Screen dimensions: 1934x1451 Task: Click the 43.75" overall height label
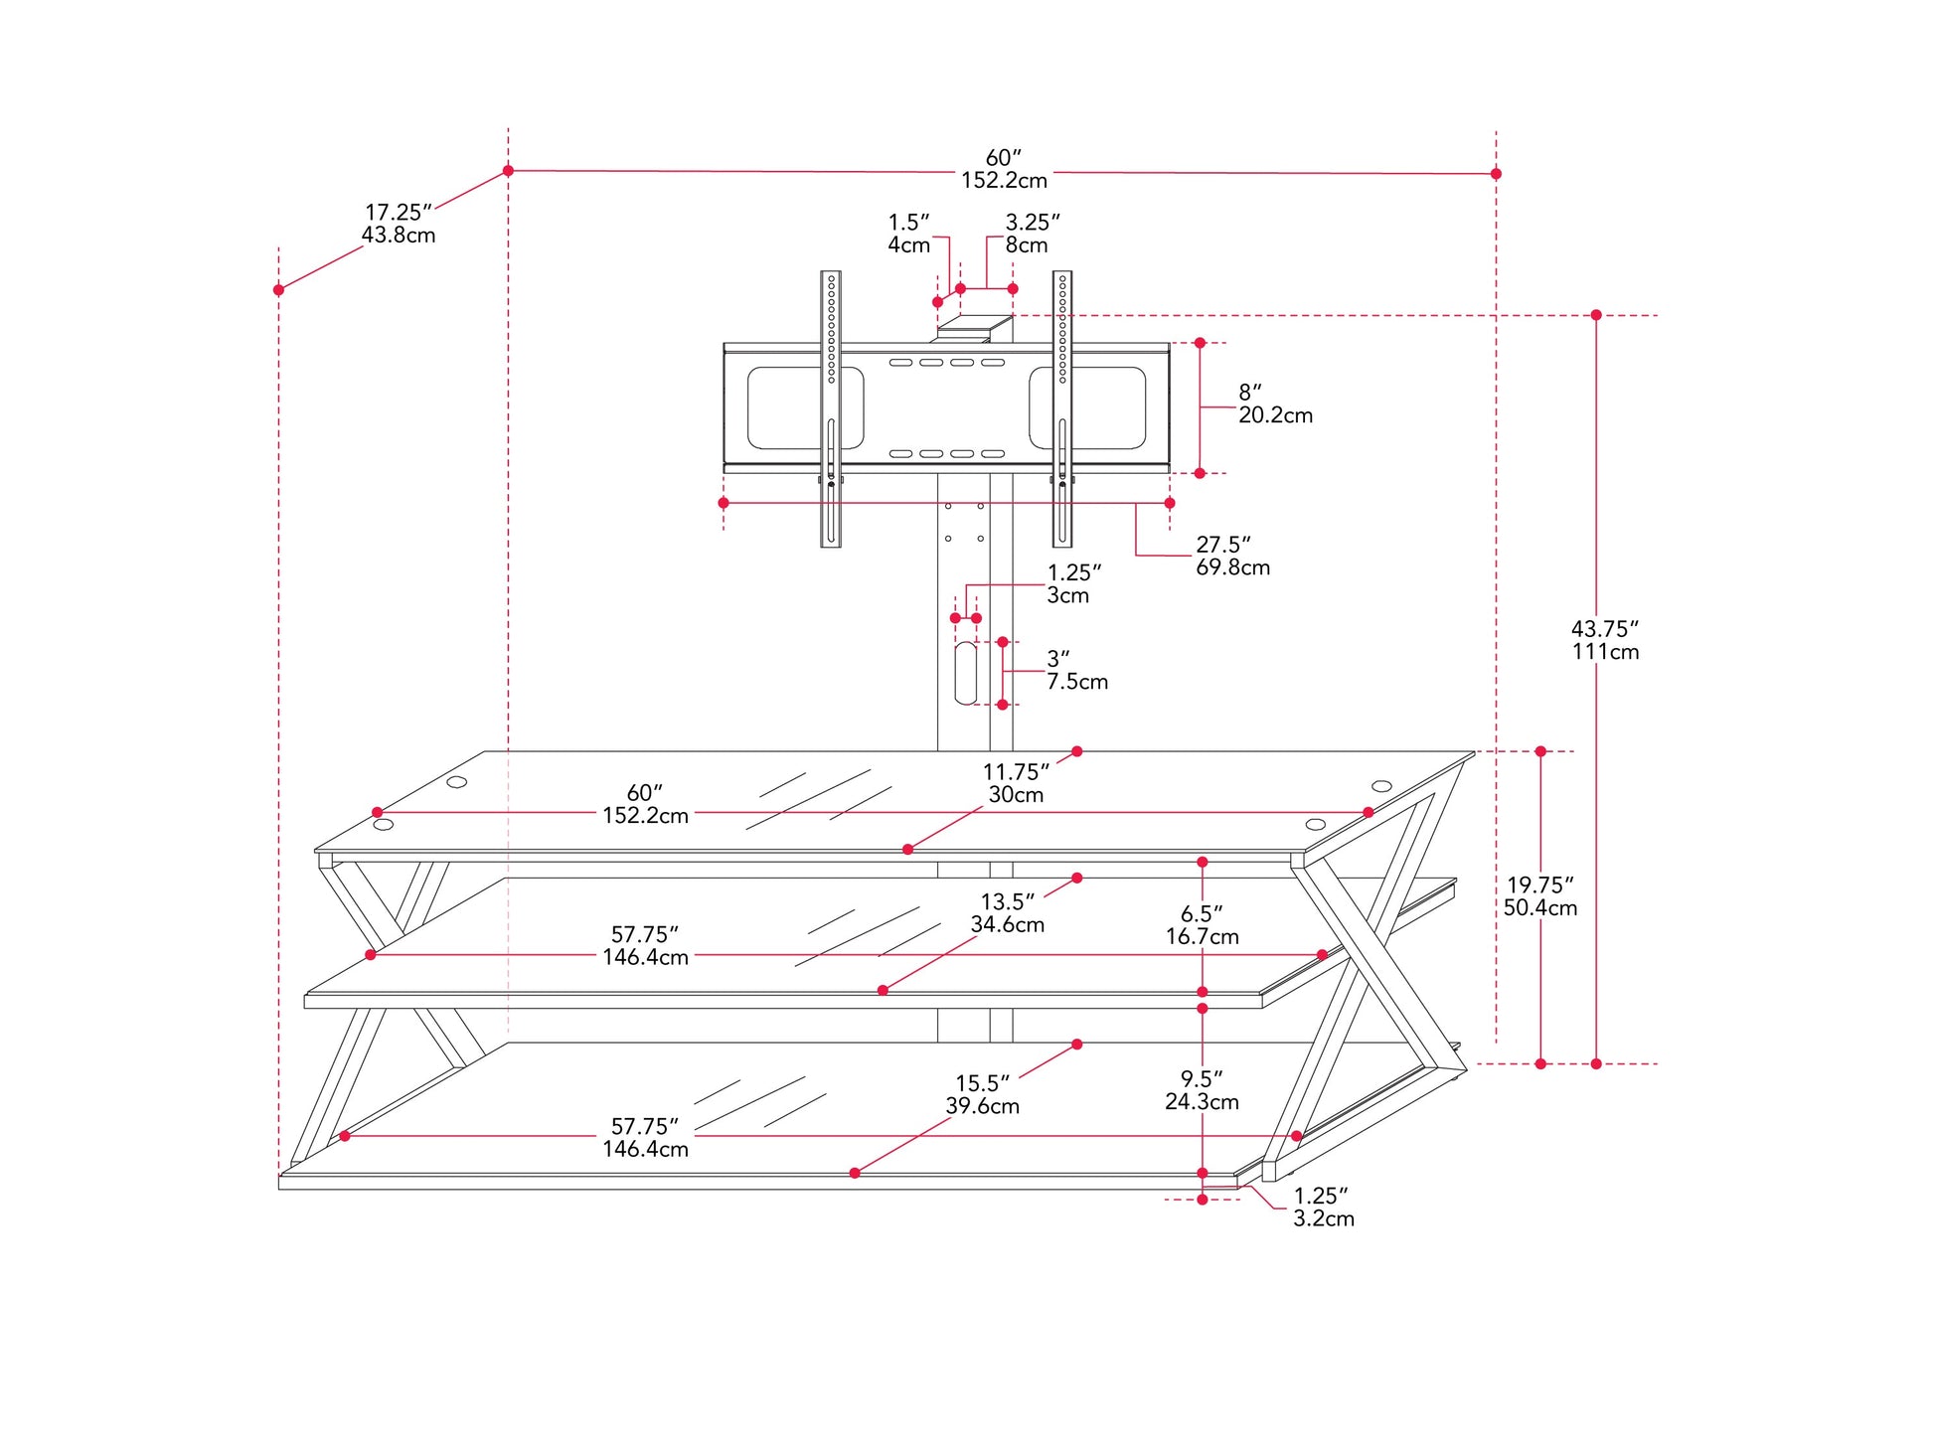point(1605,640)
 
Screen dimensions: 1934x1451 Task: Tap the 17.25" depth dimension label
point(399,224)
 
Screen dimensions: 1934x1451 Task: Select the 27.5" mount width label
point(1232,556)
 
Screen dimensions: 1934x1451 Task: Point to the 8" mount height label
point(1275,403)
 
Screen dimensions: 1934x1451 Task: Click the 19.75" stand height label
point(1539,895)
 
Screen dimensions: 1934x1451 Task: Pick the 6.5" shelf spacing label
point(1202,924)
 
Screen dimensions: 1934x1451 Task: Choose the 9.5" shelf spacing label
point(1202,1089)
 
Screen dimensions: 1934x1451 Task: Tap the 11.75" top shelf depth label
point(1016,782)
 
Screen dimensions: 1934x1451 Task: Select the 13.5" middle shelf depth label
point(1007,912)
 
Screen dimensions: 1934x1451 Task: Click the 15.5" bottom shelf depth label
point(982,1094)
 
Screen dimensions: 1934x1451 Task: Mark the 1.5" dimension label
point(909,234)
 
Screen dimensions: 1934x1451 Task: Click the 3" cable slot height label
point(1076,670)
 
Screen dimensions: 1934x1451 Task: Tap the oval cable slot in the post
point(966,673)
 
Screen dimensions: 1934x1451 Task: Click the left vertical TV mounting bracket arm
point(831,408)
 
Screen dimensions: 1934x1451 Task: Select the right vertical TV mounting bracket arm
point(1062,408)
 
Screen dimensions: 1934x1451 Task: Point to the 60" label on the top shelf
point(645,804)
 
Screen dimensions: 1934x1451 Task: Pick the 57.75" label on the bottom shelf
point(645,1137)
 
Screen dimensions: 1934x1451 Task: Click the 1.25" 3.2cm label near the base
point(1323,1207)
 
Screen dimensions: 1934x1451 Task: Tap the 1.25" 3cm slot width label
point(1074,584)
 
